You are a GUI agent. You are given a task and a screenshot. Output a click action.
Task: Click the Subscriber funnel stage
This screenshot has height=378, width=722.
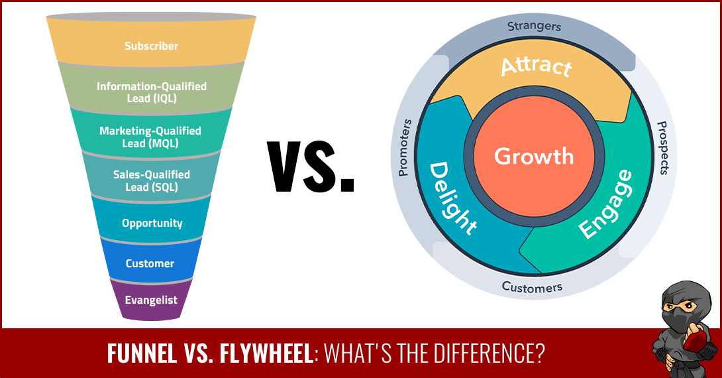[151, 42]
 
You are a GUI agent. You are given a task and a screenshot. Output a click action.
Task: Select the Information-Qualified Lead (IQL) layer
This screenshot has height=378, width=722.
[151, 88]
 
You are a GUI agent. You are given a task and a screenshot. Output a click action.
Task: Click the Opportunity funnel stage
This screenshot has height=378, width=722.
[151, 220]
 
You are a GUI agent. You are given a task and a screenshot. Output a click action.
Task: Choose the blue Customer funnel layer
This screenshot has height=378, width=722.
[151, 261]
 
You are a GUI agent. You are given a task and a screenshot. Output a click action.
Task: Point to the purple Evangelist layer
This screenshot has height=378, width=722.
[151, 300]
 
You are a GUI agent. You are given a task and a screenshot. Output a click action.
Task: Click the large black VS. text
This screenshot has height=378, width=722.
[311, 167]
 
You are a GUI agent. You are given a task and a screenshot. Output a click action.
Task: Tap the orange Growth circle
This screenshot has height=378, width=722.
[534, 157]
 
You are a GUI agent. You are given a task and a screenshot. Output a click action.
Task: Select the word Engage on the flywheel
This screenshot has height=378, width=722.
[605, 204]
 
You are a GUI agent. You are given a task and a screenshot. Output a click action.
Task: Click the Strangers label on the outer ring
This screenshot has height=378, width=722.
[534, 27]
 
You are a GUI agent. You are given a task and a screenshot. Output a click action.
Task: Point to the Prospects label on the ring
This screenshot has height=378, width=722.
[662, 148]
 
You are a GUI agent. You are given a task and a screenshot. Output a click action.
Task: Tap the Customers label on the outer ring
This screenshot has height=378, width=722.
[533, 287]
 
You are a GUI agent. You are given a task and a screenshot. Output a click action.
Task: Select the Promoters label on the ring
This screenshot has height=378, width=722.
[404, 147]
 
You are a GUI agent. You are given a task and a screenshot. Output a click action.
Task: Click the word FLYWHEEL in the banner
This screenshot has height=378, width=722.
[266, 353]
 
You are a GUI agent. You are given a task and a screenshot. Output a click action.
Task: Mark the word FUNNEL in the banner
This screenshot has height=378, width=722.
[142, 353]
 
